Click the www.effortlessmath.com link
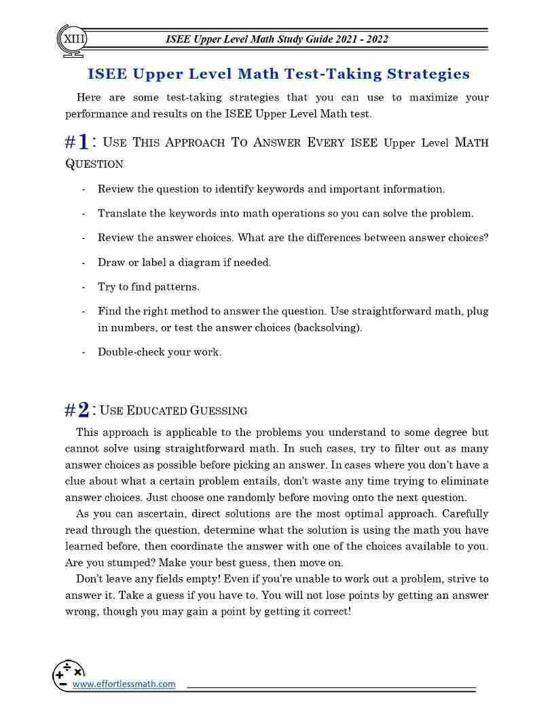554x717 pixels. point(124,684)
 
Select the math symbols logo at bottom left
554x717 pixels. point(68,675)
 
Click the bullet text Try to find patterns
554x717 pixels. point(149,287)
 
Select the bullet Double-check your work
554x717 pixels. point(160,352)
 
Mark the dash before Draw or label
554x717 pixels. point(83,262)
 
